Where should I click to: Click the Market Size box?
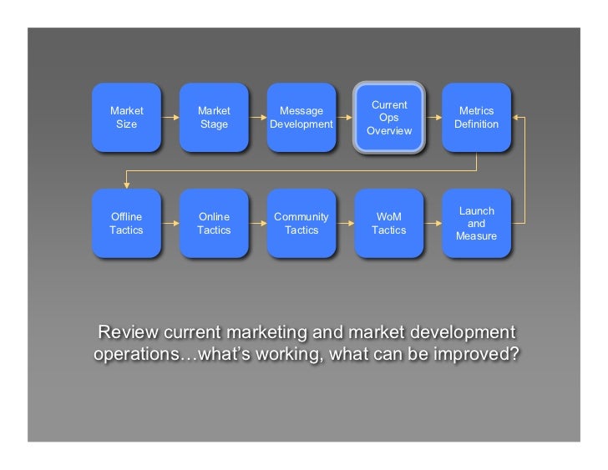[126, 118]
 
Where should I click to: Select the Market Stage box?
[214, 118]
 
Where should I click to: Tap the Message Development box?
[301, 118]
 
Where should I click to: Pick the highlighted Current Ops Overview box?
[389, 118]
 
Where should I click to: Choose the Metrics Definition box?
[476, 118]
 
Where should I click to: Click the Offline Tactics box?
[126, 224]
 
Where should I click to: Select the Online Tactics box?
[214, 224]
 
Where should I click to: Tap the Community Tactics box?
[301, 224]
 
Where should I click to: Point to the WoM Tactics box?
[389, 224]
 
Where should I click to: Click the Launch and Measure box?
[476, 224]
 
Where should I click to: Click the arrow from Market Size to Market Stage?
[170, 118]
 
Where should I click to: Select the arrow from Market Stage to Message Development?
[258, 118]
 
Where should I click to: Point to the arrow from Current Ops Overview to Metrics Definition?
[433, 118]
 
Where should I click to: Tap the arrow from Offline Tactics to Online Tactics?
[170, 224]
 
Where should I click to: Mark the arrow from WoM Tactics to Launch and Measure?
[433, 224]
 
